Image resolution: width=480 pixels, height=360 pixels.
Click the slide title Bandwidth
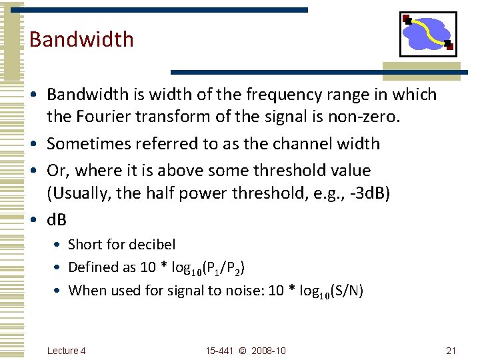(81, 39)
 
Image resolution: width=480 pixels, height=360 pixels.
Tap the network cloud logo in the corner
(427, 34)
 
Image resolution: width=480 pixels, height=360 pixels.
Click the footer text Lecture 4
(67, 351)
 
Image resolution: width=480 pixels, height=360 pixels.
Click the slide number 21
(451, 351)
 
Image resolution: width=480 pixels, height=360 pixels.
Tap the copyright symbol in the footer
(242, 351)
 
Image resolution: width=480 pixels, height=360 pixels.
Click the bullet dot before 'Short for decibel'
(59, 245)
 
